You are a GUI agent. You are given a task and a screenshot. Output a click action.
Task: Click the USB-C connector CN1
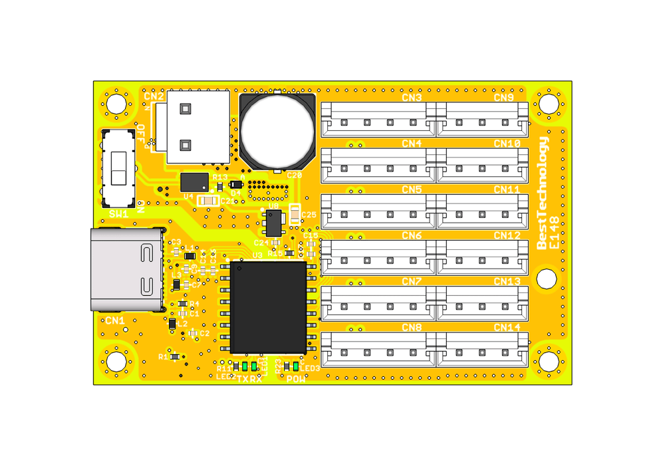[127, 269]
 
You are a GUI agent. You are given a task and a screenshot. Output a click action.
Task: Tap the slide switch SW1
[118, 169]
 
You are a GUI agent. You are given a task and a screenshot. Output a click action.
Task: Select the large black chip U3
[268, 306]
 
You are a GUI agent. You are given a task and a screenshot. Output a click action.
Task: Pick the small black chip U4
[194, 181]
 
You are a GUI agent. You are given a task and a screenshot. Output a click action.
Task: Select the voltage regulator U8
[273, 223]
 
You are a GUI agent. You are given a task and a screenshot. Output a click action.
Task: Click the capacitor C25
[295, 214]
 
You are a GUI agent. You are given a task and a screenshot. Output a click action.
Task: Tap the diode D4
[235, 184]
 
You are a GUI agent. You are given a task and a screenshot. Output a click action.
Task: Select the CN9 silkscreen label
[503, 98]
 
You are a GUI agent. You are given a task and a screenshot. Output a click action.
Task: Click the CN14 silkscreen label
[507, 327]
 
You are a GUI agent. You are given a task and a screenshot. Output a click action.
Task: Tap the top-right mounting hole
[548, 104]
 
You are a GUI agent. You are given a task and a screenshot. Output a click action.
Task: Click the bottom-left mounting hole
[116, 362]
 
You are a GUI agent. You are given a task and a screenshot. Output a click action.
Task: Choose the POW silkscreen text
[296, 379]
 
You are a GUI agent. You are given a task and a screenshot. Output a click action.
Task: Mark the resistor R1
[175, 357]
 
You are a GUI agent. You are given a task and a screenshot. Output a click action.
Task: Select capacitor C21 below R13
[210, 200]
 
